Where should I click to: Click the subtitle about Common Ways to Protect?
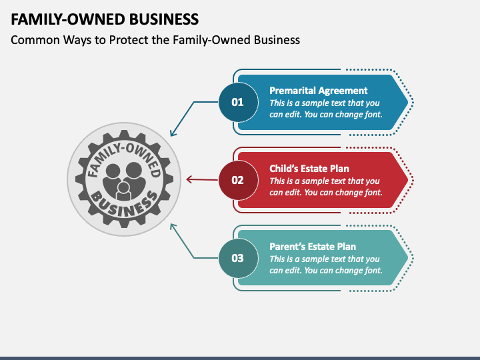(x=155, y=40)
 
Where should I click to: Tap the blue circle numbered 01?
(x=237, y=102)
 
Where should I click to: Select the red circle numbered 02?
(x=237, y=179)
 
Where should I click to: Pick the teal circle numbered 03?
(x=237, y=257)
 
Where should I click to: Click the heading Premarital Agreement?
(x=318, y=91)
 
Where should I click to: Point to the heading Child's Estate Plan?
(x=309, y=169)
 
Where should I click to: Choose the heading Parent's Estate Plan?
(x=312, y=247)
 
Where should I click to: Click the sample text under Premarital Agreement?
(x=325, y=109)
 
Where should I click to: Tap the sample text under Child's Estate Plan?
(x=325, y=187)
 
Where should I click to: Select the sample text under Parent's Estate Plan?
(x=325, y=265)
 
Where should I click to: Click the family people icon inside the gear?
(x=124, y=180)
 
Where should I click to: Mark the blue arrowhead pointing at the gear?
(x=173, y=134)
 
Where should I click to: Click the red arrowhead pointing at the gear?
(x=188, y=179)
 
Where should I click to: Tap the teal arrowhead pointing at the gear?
(x=173, y=225)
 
